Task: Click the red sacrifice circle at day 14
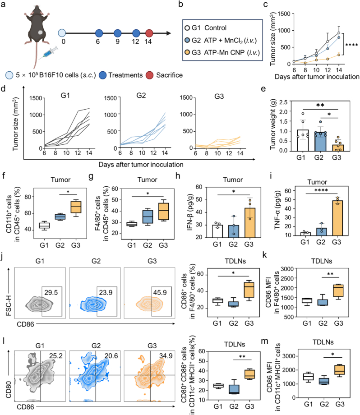[149, 33]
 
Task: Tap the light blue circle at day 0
[62, 33]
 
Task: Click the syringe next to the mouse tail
[48, 53]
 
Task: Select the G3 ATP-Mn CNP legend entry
[222, 52]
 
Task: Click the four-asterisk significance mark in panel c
[351, 45]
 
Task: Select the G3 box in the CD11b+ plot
[75, 207]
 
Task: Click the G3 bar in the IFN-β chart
[249, 222]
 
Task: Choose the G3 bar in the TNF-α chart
[337, 218]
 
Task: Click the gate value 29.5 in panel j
[51, 292]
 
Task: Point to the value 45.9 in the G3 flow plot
[160, 292]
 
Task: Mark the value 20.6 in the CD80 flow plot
[111, 356]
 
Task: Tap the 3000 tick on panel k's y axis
[287, 269]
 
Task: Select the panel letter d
[3, 88]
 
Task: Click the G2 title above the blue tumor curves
[141, 95]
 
